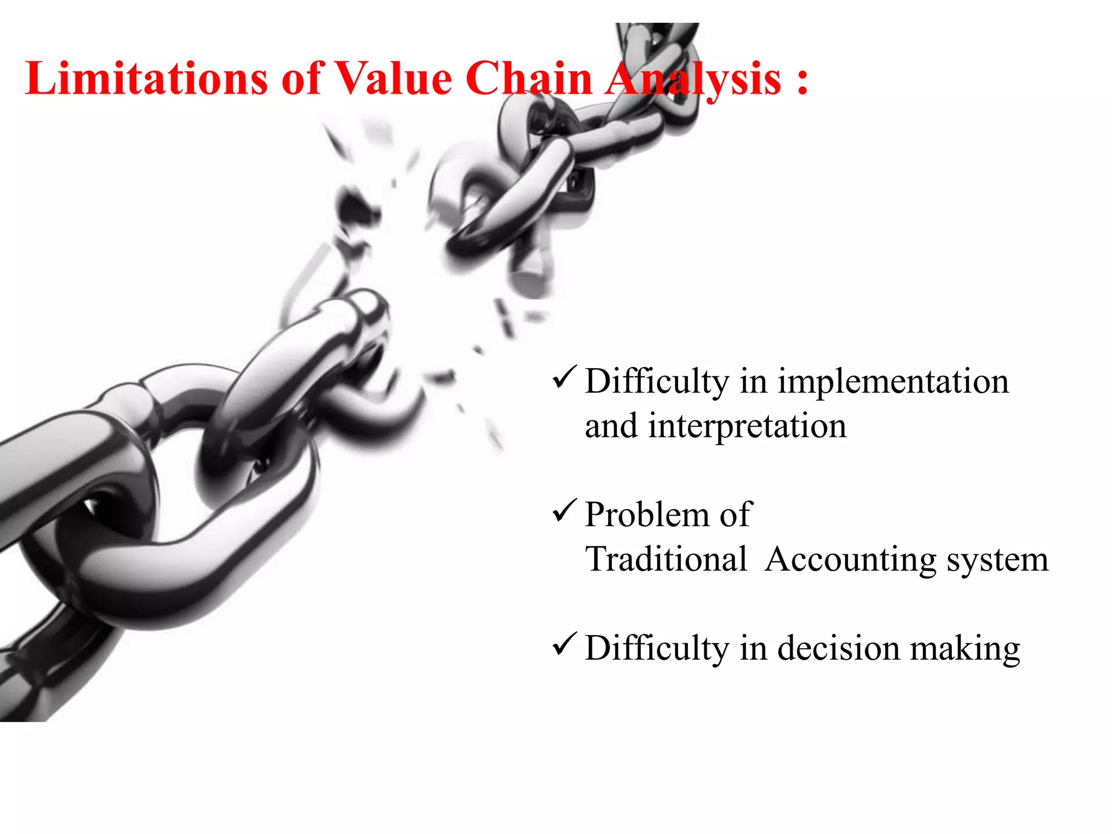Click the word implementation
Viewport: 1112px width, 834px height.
tap(893, 381)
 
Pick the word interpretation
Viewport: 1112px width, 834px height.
tap(747, 427)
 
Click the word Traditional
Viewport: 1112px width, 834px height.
tap(666, 559)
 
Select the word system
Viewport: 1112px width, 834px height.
tap(998, 560)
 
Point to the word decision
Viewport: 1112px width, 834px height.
tap(838, 648)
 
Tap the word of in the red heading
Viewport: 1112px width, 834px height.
tap(302, 79)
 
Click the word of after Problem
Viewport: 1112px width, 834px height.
tap(736, 515)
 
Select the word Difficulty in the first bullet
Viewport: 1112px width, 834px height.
tap(657, 382)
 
